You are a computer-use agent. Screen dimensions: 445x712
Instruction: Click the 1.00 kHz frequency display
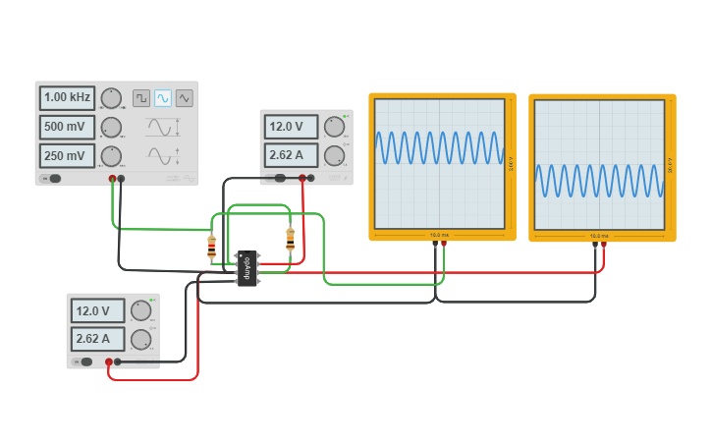[x=67, y=97]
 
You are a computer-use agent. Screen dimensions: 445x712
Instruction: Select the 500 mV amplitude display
[x=67, y=127]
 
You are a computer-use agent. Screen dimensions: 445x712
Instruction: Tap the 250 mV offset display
[x=67, y=156]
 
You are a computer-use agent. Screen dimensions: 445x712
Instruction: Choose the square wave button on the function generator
[x=141, y=97]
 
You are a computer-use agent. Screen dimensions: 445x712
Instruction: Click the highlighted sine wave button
[x=163, y=97]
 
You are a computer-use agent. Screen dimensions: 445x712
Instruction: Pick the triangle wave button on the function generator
[x=185, y=97]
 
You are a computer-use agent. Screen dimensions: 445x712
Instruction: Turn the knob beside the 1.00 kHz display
[x=111, y=97]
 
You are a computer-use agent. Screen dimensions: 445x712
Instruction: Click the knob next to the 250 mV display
[x=111, y=156]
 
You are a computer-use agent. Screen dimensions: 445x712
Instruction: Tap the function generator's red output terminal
[x=113, y=179]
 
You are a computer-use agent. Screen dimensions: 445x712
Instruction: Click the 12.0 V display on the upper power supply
[x=291, y=127]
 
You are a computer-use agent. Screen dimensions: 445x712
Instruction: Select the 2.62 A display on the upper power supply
[x=291, y=155]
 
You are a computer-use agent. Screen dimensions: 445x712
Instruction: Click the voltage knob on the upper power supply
[x=335, y=127]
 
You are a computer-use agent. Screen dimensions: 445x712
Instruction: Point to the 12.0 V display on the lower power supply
[x=98, y=310]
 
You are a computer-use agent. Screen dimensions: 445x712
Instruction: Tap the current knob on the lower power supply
[x=141, y=340]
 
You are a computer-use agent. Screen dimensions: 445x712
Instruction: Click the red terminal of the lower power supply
[x=109, y=362]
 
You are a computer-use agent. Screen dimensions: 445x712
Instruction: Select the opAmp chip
[x=247, y=268]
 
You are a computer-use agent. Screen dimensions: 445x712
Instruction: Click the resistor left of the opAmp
[x=211, y=248]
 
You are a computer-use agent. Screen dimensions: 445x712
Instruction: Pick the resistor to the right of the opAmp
[x=290, y=239]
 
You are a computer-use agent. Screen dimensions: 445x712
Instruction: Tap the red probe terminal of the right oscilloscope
[x=604, y=245]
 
